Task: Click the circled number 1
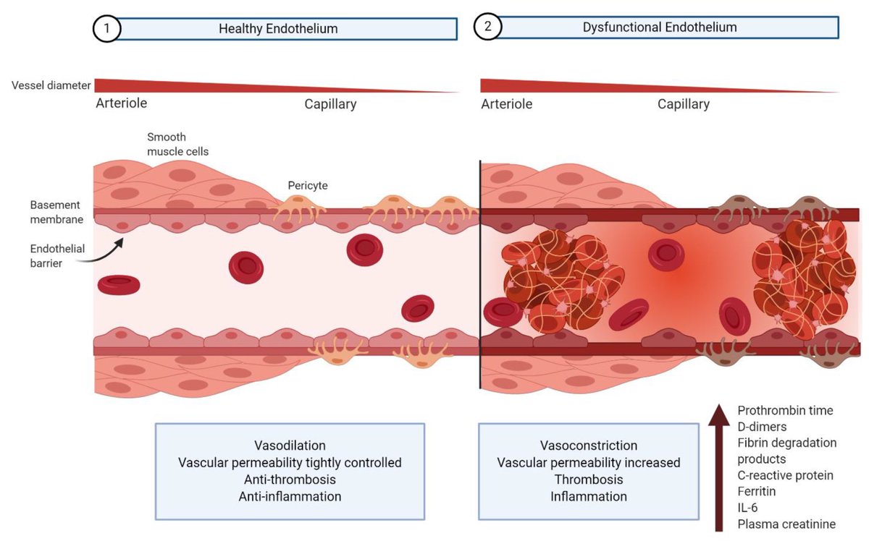point(105,29)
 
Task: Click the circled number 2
point(487,28)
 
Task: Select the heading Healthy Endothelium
point(279,29)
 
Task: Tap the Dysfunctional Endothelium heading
point(660,27)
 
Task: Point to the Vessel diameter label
point(51,86)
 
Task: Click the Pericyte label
point(308,186)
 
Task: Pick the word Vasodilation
point(290,445)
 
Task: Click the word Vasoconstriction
point(589,446)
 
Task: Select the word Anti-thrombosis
point(290,480)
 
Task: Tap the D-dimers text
point(762,427)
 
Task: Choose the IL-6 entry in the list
point(749,508)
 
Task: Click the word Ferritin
point(756,492)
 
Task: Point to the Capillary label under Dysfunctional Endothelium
point(684,104)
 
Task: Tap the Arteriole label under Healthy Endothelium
point(122,103)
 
